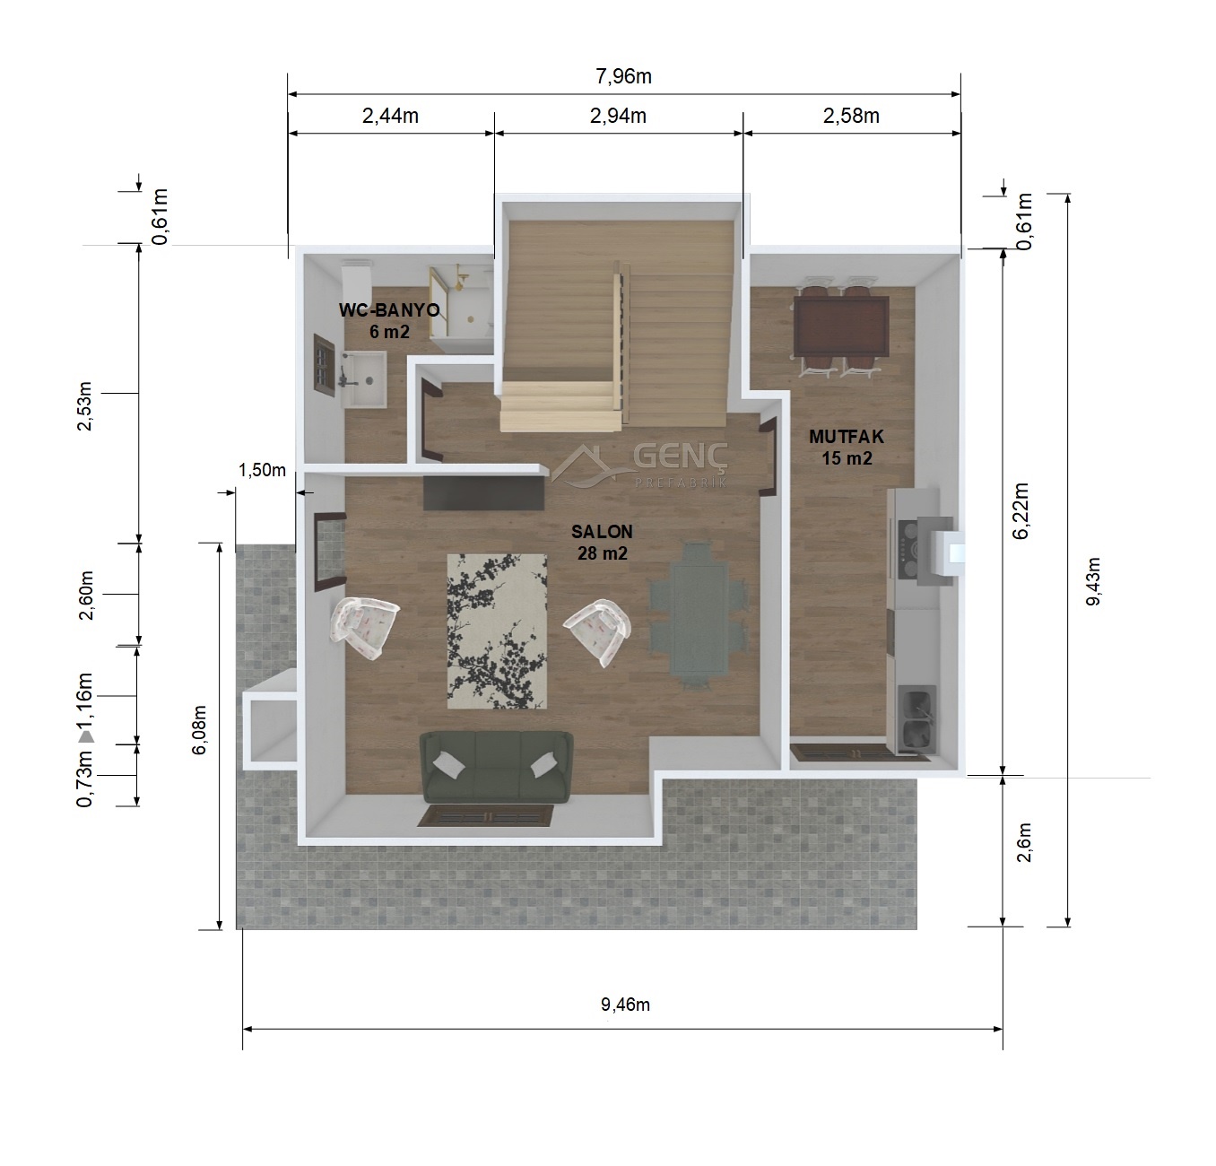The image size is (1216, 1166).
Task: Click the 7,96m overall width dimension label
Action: point(623,76)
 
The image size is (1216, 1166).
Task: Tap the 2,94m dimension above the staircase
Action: point(618,116)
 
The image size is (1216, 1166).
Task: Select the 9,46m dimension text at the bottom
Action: point(626,1005)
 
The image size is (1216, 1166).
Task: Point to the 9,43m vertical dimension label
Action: point(1093,581)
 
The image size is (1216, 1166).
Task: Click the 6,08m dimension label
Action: point(199,730)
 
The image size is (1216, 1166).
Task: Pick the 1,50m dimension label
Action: point(262,470)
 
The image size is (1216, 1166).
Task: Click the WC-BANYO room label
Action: point(389,310)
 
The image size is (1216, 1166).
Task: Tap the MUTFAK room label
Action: point(847,436)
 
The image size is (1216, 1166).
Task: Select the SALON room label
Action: point(602,532)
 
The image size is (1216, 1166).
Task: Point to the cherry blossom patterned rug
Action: point(497,631)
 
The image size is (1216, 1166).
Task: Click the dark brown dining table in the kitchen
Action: point(841,326)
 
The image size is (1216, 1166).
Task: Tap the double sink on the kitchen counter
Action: point(916,718)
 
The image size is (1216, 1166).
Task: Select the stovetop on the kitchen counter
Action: point(908,549)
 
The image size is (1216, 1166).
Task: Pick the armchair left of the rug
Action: point(365,627)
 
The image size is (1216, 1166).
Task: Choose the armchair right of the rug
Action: point(598,631)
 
